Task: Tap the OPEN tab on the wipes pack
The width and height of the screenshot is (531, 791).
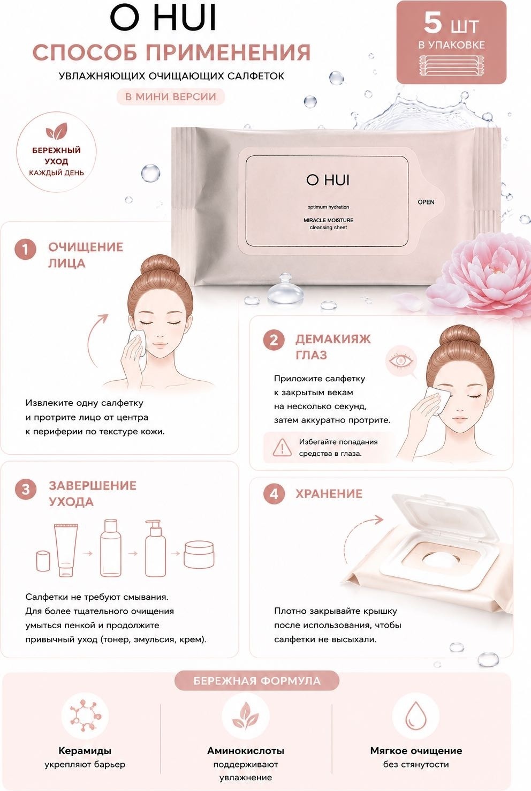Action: pyautogui.click(x=426, y=202)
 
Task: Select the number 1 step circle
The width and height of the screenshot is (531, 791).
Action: pyautogui.click(x=25, y=250)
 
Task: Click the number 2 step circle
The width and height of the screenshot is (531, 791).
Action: pyautogui.click(x=274, y=341)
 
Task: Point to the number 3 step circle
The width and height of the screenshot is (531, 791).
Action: pyautogui.click(x=26, y=489)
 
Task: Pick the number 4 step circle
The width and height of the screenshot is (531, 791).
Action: pyautogui.click(x=274, y=494)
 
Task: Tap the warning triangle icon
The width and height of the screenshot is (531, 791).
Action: pyautogui.click(x=282, y=447)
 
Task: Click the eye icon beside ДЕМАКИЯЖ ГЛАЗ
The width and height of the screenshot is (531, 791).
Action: pyautogui.click(x=401, y=360)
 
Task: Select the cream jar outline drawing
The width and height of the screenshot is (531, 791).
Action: pyautogui.click(x=199, y=555)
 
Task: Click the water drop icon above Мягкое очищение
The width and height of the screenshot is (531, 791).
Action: pyautogui.click(x=416, y=717)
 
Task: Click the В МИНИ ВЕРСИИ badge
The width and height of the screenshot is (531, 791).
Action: pyautogui.click(x=171, y=97)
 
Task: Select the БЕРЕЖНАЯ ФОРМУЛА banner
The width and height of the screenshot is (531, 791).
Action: pyautogui.click(x=257, y=681)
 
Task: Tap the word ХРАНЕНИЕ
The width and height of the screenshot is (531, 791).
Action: pyautogui.click(x=329, y=494)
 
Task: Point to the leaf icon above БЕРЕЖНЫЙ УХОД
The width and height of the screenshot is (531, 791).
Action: pyautogui.click(x=57, y=131)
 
